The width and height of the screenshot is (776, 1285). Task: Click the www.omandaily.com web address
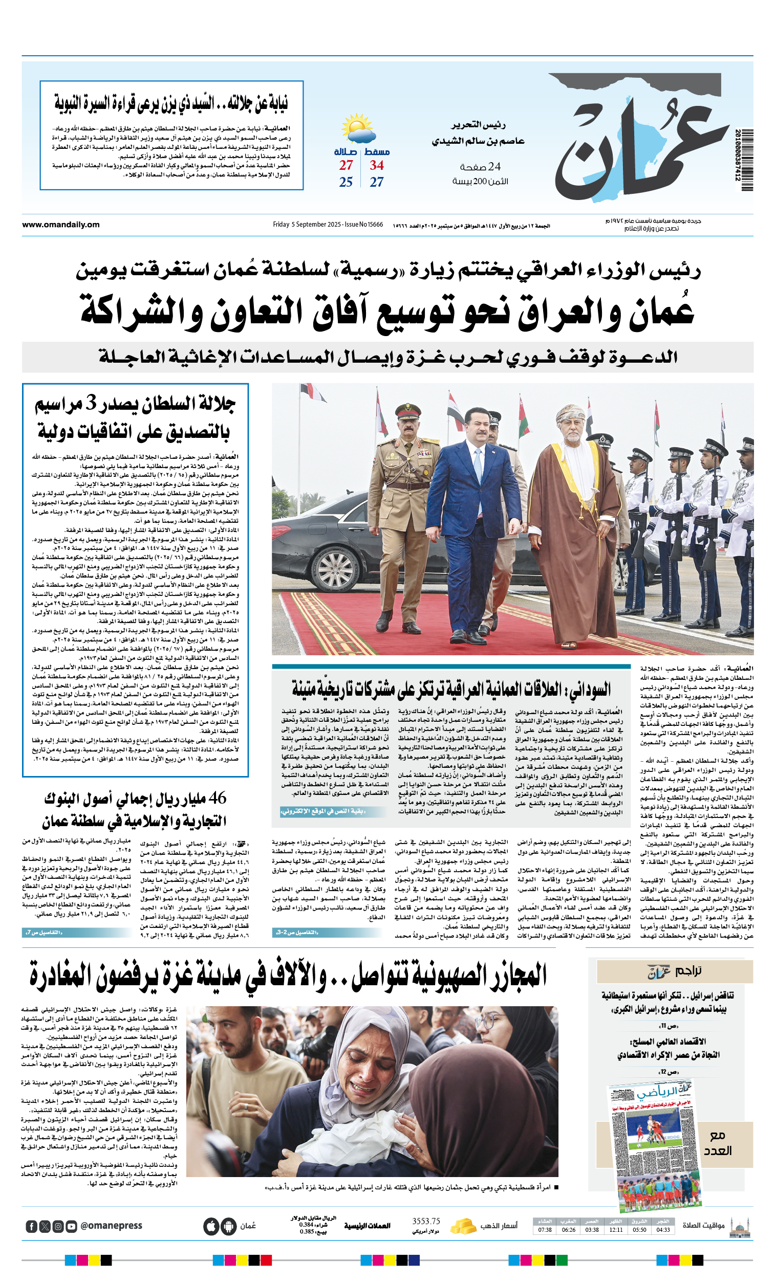click(60, 225)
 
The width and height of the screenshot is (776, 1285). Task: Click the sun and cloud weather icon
click(358, 129)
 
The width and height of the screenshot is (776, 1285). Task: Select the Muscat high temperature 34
click(377, 166)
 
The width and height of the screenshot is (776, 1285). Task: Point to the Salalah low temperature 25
click(346, 183)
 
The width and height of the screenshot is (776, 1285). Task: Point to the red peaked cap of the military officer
click(408, 411)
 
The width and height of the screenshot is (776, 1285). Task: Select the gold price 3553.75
click(426, 1222)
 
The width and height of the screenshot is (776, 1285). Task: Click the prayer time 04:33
click(663, 1230)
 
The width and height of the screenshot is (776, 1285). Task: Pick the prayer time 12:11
click(616, 1230)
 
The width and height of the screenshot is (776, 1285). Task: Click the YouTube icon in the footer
click(72, 1227)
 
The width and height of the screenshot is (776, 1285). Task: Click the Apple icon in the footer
click(211, 1227)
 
